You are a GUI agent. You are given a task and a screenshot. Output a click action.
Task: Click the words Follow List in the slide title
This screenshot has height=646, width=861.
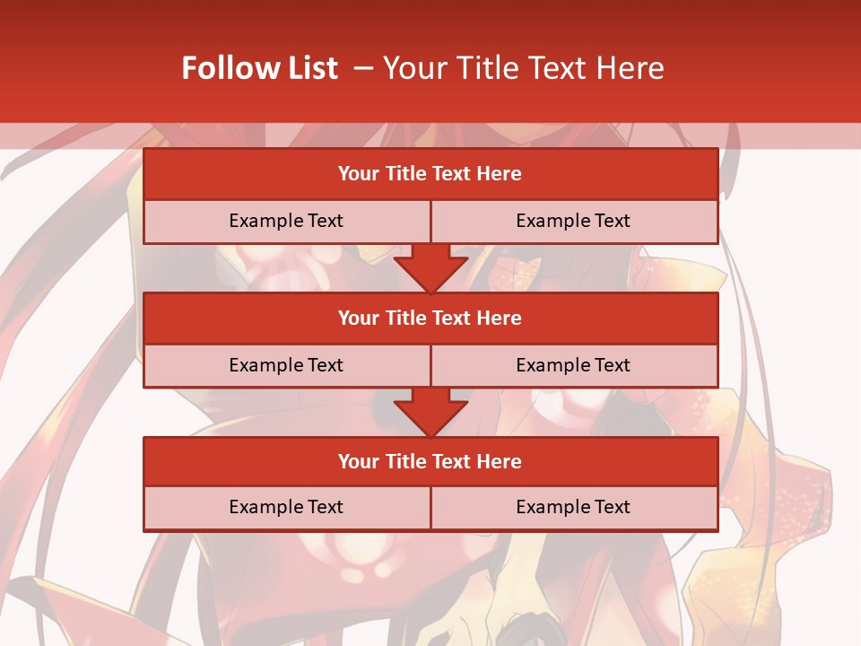(259, 68)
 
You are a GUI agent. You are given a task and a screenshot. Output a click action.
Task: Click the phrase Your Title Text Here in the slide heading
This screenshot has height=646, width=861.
(524, 68)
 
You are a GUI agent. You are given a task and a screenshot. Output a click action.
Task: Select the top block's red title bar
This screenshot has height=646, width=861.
(430, 174)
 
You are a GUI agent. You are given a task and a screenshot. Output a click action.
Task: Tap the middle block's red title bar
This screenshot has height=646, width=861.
(430, 318)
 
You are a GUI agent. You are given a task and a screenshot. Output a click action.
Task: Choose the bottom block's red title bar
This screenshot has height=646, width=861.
(430, 461)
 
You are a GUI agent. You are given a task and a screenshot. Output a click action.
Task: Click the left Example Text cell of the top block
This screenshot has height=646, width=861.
(286, 221)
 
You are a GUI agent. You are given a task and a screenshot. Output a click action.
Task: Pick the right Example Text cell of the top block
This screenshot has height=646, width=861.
(573, 221)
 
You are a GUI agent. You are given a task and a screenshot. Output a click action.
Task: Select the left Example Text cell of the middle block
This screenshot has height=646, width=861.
(286, 365)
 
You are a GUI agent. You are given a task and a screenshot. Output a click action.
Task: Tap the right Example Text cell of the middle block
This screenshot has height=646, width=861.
(573, 365)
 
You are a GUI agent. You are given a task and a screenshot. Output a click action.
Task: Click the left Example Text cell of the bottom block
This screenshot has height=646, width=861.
(286, 507)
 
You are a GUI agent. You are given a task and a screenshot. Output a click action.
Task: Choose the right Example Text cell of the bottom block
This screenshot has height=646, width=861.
(573, 507)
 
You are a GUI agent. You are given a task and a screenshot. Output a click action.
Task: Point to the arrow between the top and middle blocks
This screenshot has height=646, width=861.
(430, 266)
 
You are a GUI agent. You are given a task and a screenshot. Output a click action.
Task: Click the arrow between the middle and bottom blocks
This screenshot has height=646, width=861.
(430, 411)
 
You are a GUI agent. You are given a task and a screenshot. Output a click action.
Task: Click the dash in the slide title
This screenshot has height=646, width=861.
(363, 68)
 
